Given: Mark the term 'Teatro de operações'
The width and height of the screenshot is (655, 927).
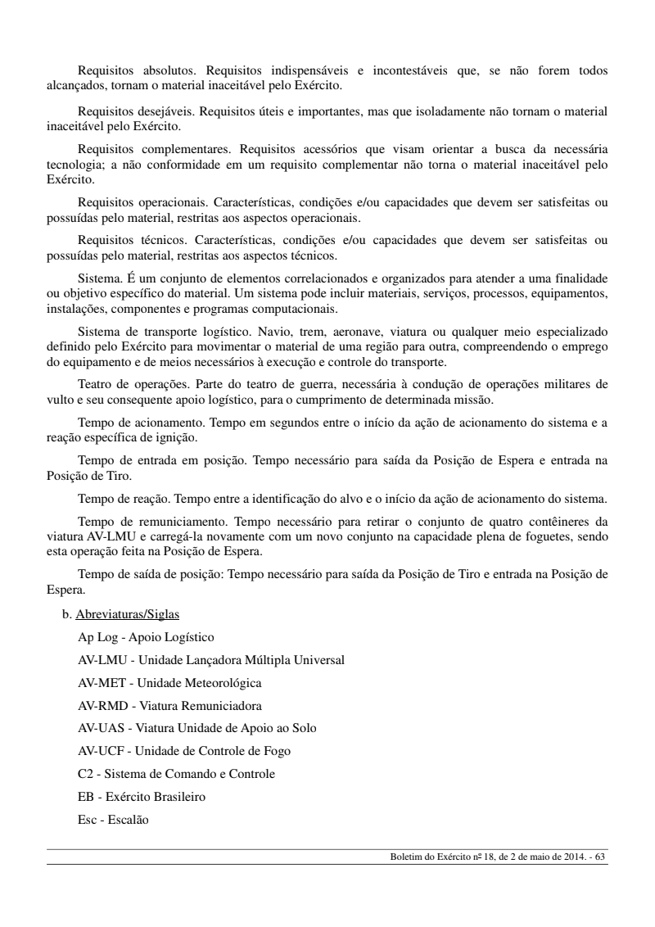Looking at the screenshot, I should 130,384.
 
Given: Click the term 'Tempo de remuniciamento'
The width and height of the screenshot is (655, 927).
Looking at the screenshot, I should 145,520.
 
